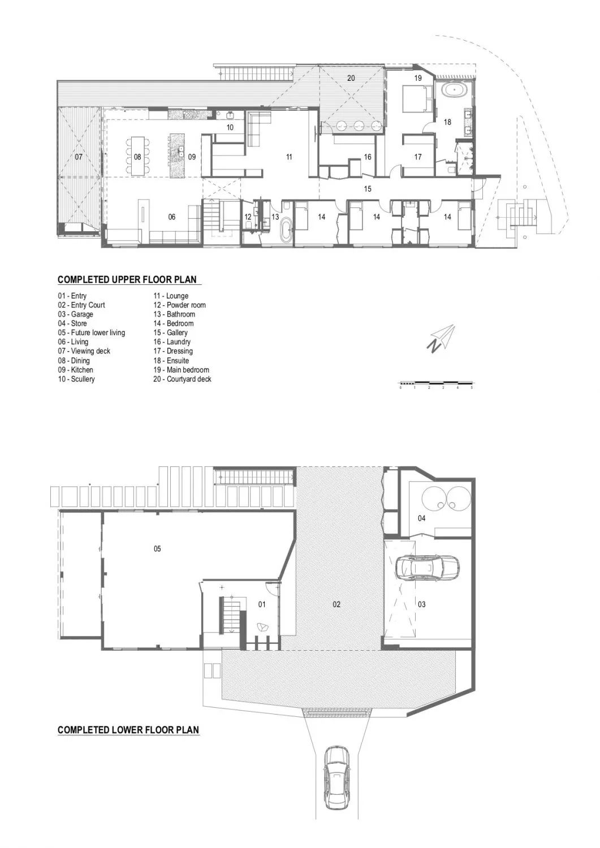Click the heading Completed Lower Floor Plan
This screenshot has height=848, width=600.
[x=128, y=730]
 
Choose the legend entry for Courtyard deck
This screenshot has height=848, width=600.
[x=182, y=379]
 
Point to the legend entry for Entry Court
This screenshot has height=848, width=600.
[x=81, y=305]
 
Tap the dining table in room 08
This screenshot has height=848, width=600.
[x=137, y=157]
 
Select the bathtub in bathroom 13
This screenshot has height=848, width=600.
[x=286, y=231]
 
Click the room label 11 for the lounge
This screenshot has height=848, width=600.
[x=289, y=157]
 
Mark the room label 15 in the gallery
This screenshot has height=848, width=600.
[x=368, y=189]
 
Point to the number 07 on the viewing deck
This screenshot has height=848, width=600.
[x=79, y=157]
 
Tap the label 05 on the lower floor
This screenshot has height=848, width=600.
[x=157, y=548]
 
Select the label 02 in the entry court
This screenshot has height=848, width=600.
[x=336, y=604]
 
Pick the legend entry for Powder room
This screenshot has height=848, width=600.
[x=179, y=305]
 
